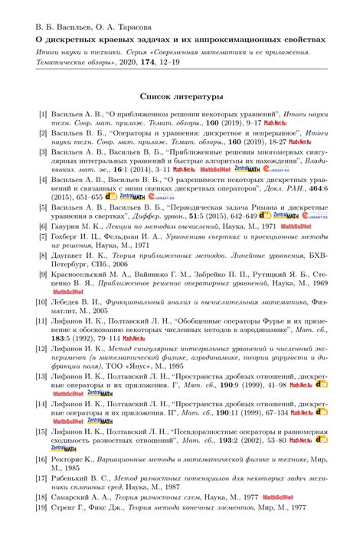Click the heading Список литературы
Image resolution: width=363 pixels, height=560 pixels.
click(x=181, y=97)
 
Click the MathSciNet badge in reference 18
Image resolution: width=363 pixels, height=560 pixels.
click(x=276, y=497)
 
